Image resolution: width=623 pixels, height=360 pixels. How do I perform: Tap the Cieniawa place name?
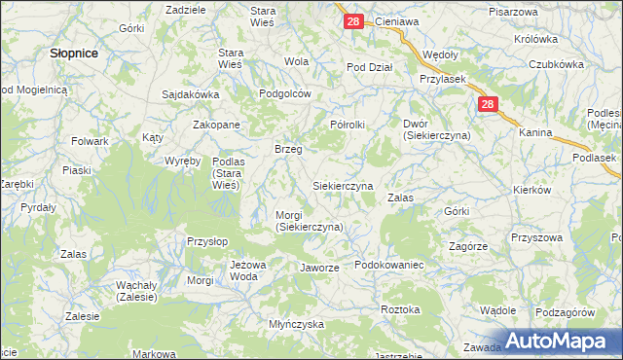(x=396, y=21)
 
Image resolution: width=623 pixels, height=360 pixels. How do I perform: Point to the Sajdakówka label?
(x=191, y=95)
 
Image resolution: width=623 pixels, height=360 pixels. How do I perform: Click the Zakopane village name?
(x=216, y=126)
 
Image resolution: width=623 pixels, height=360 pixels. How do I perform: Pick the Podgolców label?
(x=284, y=94)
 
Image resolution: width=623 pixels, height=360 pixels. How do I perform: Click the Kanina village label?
(x=535, y=132)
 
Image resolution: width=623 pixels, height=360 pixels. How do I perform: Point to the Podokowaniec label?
(x=388, y=266)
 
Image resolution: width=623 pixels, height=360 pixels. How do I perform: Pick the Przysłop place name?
(x=207, y=239)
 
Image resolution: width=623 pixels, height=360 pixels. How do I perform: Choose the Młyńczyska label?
(x=296, y=324)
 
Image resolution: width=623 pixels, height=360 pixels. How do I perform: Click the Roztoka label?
(x=401, y=309)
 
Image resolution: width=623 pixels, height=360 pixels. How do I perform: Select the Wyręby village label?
(x=182, y=161)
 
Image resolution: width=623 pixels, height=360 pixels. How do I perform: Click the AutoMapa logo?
(x=563, y=341)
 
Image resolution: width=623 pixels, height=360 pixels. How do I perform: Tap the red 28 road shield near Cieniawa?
(x=353, y=21)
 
